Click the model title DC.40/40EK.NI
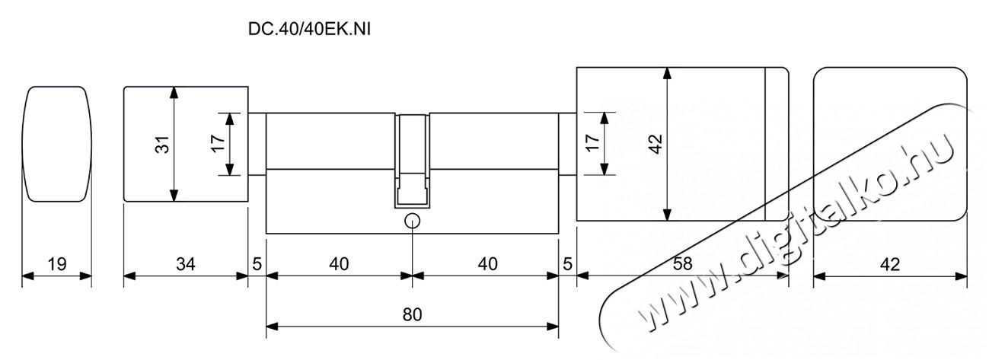309,29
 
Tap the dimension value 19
57,264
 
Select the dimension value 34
186,264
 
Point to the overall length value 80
413,314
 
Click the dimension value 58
682,264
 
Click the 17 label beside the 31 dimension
218,144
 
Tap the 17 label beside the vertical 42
592,143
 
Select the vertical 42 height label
656,144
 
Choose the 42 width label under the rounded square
890,264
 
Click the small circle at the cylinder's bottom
412,221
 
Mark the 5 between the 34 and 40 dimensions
257,264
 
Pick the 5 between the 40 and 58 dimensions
567,264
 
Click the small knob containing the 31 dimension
124,145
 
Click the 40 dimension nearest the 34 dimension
339,264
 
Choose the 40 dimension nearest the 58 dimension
487,264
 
